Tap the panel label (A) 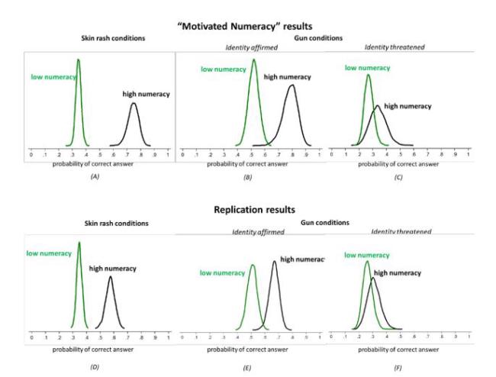pos(95,176)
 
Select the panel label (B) pos(247,176)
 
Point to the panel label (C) pos(396,176)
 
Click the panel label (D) pos(95,367)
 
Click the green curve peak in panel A pos(79,60)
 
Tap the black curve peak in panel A pos(134,104)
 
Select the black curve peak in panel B pos(291,85)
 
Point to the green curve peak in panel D pos(79,243)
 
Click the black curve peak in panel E pos(275,262)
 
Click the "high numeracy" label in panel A pos(145,94)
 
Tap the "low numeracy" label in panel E pos(222,273)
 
